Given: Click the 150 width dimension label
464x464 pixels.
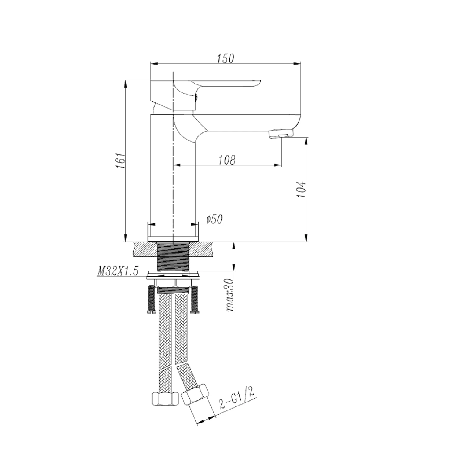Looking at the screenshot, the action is [225, 58].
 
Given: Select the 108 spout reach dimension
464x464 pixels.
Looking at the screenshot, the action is [227, 160].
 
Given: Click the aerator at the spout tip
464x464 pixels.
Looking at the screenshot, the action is [281, 134].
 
